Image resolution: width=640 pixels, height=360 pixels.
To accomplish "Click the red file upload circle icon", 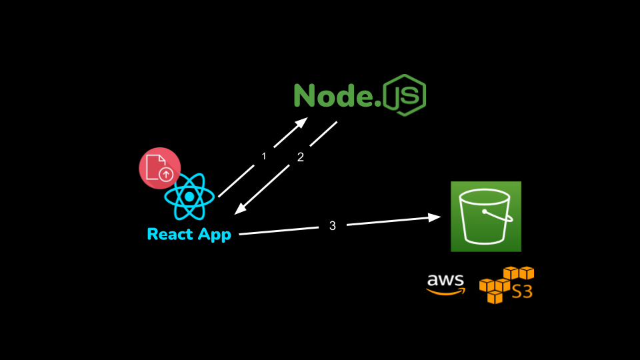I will (x=159, y=168).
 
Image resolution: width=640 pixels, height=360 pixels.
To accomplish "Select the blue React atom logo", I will (x=189, y=197).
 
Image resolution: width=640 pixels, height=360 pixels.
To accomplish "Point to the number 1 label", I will (x=264, y=156).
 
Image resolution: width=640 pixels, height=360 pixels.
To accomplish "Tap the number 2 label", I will (x=300, y=157).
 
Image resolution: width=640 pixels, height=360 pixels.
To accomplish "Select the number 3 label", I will (x=333, y=226).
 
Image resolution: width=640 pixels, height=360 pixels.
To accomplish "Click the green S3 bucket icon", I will (x=485, y=216).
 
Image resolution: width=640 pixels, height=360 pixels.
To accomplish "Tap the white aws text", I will (x=445, y=280).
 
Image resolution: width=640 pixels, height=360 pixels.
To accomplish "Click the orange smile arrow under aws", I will (x=446, y=291).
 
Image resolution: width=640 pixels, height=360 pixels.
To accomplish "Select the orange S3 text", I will (x=522, y=291).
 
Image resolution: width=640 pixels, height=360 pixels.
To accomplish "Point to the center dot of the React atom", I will (x=189, y=197).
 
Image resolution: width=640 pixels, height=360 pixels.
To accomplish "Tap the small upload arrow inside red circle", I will (x=166, y=175).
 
